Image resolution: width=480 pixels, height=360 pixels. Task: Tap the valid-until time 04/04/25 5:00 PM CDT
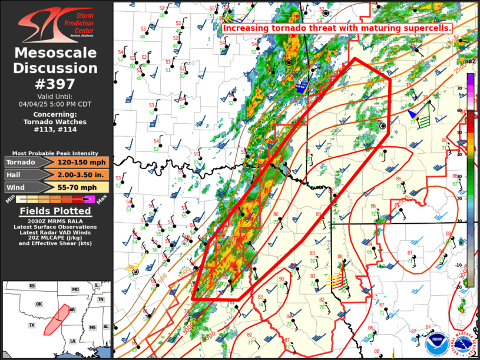pyautogui.click(x=56, y=103)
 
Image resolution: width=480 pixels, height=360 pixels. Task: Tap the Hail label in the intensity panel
pyautogui.click(x=15, y=174)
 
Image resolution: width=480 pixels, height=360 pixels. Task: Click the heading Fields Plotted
pyautogui.click(x=56, y=211)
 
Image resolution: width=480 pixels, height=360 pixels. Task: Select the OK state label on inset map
pyautogui.click(x=39, y=305)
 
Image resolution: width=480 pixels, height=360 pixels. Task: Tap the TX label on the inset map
pyautogui.click(x=31, y=325)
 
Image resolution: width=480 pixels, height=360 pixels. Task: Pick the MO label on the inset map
pyautogui.click(x=75, y=290)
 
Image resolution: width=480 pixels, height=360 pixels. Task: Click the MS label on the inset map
pyautogui.click(x=92, y=327)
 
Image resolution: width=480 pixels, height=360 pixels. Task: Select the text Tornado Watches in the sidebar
pyautogui.click(x=56, y=122)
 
